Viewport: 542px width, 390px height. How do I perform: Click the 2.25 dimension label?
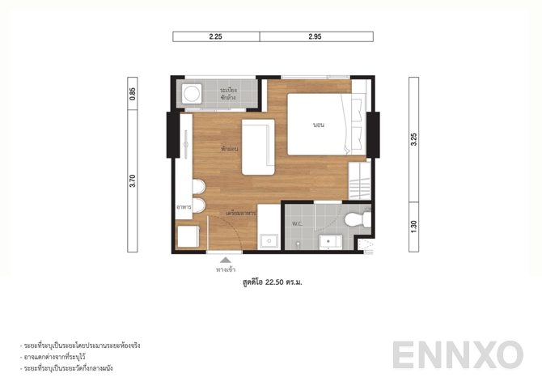(215, 36)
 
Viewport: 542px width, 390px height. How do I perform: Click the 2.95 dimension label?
(315, 36)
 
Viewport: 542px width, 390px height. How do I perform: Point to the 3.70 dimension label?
(133, 181)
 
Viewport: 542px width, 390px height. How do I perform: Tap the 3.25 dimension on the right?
(413, 138)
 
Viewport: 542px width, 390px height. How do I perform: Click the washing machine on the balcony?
(192, 94)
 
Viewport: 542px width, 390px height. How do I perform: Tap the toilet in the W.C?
(354, 219)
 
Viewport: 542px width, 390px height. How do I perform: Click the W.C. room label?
(296, 223)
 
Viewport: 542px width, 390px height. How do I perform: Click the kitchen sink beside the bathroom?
(268, 240)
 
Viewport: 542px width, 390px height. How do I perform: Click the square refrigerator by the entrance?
(190, 237)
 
